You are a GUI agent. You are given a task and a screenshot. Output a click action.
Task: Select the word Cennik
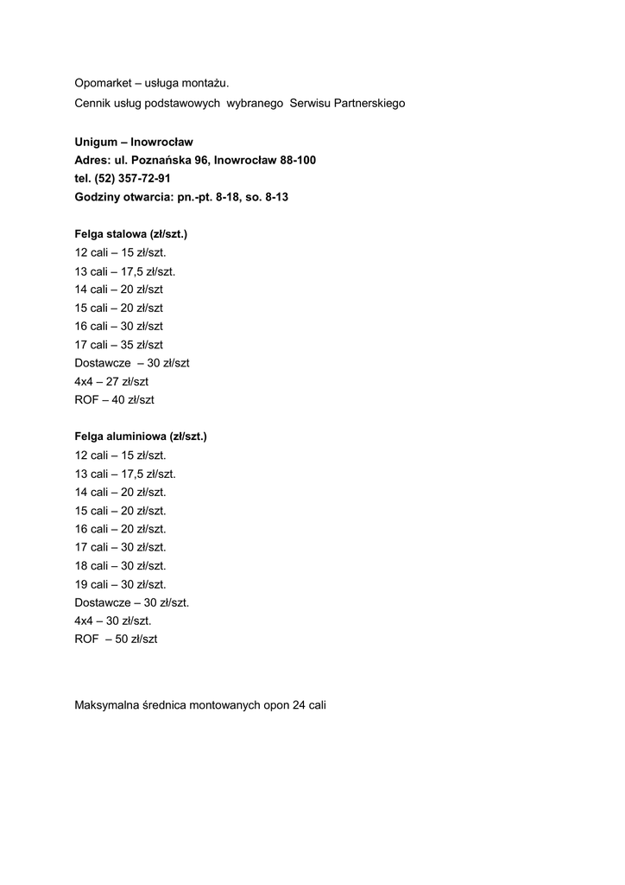(92, 104)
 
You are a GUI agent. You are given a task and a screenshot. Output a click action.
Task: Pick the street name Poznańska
(169, 160)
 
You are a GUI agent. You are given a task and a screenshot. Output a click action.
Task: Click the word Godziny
(98, 197)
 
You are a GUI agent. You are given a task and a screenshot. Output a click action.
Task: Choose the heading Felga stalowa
(111, 234)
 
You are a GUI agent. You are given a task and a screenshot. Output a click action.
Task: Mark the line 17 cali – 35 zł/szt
(119, 345)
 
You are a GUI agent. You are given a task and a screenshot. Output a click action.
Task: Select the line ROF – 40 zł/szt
(115, 400)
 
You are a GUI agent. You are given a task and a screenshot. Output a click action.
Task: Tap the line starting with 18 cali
(121, 566)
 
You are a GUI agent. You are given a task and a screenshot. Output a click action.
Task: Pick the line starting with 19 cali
(121, 584)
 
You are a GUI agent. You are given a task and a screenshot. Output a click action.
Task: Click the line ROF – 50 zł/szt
(117, 640)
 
